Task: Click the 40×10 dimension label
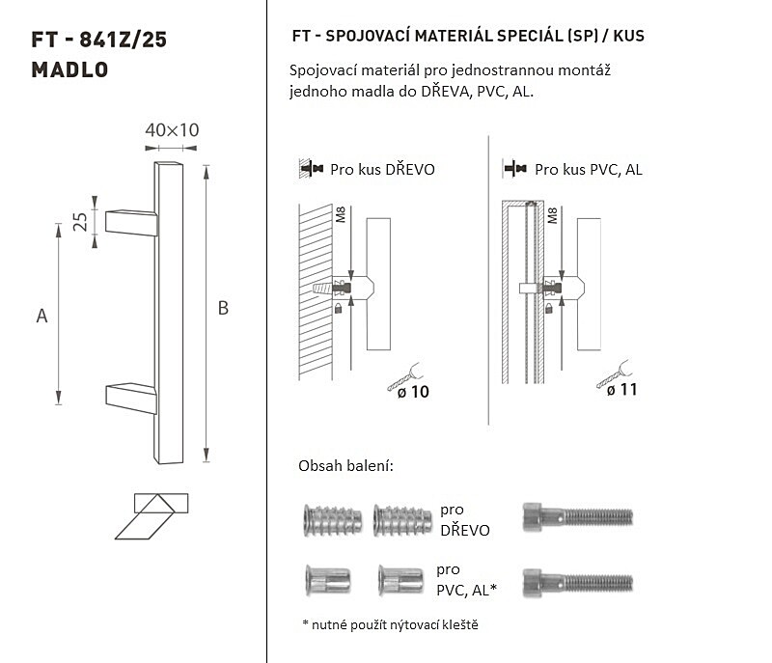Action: (x=172, y=130)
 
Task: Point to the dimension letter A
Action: (x=41, y=316)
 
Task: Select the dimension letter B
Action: (x=223, y=308)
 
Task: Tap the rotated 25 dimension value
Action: (x=80, y=222)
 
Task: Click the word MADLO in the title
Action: (x=69, y=69)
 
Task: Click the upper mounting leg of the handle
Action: (x=131, y=223)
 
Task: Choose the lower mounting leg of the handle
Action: (x=131, y=399)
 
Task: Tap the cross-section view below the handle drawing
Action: (x=152, y=516)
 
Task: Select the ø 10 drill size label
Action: (x=413, y=392)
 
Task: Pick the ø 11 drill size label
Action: (x=621, y=390)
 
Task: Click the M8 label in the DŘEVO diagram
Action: (x=341, y=214)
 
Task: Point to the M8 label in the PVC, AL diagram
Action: (x=552, y=215)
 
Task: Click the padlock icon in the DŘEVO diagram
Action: (x=339, y=309)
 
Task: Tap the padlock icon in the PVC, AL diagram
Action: (x=549, y=309)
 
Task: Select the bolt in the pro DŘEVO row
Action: (x=577, y=517)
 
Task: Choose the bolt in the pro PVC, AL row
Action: (x=577, y=583)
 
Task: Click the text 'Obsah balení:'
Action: (x=345, y=465)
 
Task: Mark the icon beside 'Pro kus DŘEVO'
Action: (x=311, y=169)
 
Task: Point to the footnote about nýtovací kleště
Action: (x=391, y=624)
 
